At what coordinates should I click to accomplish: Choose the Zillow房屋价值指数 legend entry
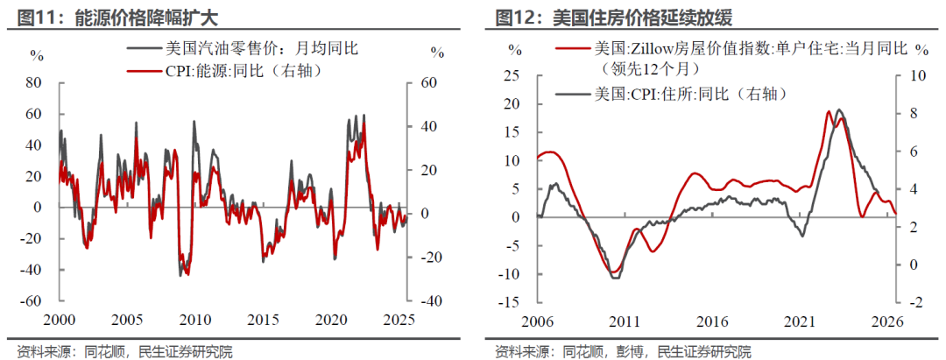pos(749,49)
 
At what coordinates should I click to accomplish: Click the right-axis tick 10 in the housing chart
pos(918,76)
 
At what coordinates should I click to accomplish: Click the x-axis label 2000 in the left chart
pos(60,319)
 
